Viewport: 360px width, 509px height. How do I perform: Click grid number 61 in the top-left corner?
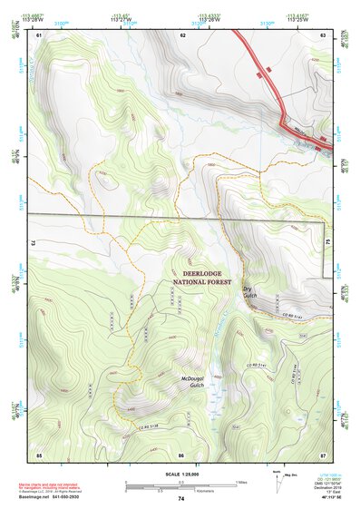click(39, 34)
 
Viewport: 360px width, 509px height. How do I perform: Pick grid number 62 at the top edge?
click(182, 34)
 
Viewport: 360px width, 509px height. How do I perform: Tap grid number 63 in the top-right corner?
click(322, 34)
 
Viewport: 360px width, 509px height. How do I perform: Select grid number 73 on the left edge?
click(32, 244)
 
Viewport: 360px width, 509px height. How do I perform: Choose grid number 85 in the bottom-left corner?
click(39, 453)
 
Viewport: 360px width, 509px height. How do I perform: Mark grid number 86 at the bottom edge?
click(181, 453)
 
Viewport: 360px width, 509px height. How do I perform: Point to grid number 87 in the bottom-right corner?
click(322, 453)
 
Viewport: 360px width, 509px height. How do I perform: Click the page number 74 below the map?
click(181, 498)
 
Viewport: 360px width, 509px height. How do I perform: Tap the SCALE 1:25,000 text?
click(180, 474)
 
